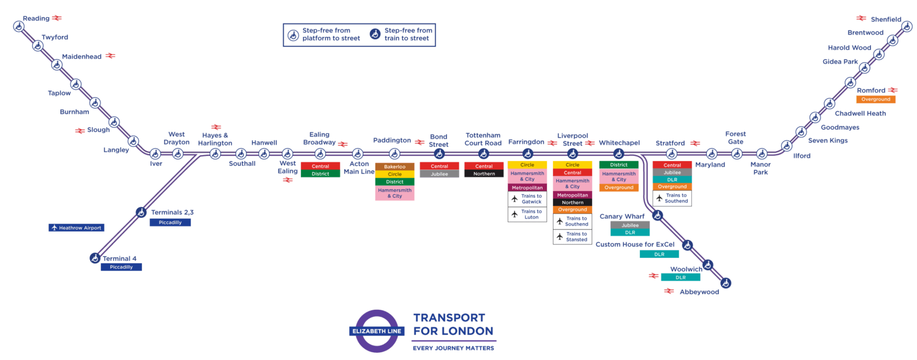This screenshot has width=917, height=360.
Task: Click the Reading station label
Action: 36,19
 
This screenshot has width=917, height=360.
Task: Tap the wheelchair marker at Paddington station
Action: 394,154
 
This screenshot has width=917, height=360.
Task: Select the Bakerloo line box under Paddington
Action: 395,167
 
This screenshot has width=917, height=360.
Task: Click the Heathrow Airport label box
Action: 76,227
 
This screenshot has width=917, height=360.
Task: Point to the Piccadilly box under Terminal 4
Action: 121,267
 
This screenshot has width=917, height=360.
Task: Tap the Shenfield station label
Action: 885,20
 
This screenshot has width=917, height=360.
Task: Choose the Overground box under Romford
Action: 876,99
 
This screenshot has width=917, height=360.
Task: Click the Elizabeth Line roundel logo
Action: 377,331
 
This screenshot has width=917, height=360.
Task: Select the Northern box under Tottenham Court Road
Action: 484,174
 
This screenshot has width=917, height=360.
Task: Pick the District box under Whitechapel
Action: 618,165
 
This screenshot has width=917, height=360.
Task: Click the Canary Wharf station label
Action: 623,216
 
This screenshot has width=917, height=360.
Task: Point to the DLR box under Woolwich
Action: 681,278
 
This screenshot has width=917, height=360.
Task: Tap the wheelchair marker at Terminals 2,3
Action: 141,212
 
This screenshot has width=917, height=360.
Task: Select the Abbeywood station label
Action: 699,292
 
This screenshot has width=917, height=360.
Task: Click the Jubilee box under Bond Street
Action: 439,174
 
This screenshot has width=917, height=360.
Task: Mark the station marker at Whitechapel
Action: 619,154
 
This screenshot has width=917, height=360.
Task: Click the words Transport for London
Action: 453,324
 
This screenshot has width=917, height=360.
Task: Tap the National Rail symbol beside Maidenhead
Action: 110,56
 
